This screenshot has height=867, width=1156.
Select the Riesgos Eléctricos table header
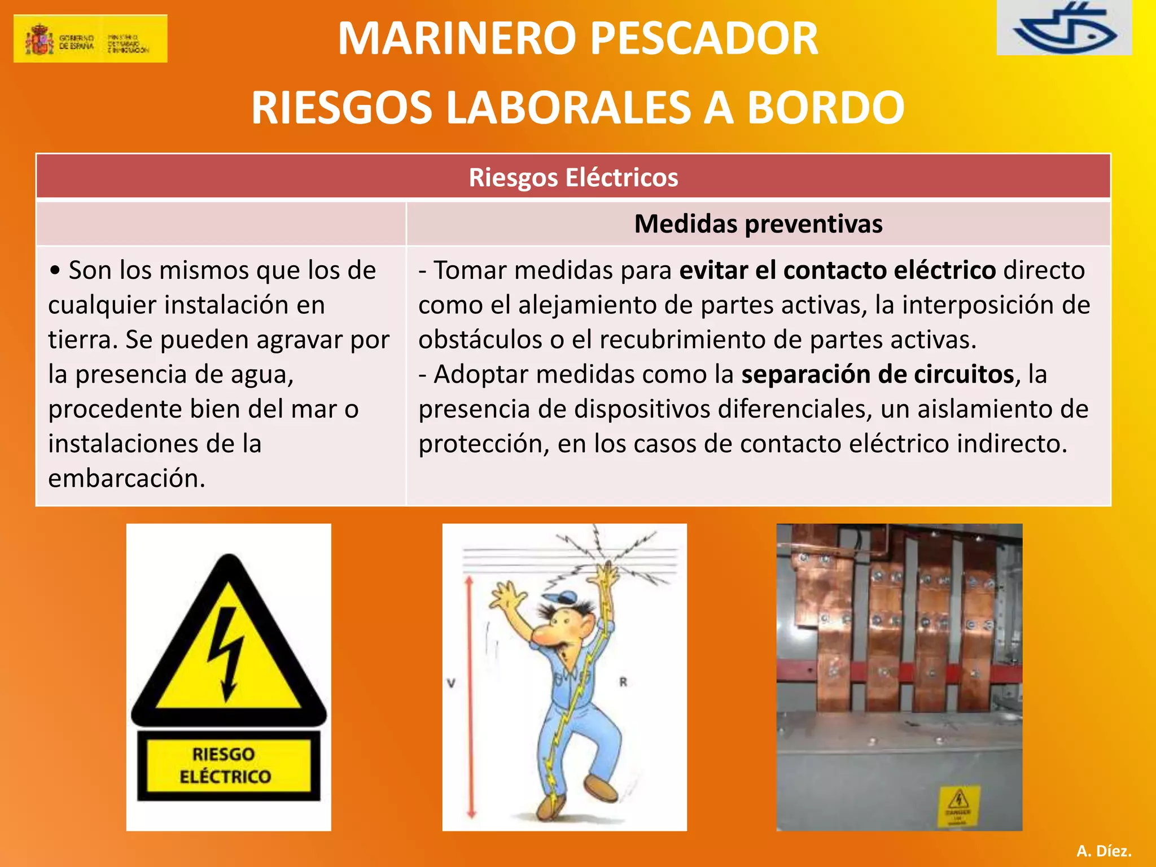point(573,177)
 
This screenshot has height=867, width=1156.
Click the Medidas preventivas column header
point(758,224)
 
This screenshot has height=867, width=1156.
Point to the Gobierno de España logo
point(90,38)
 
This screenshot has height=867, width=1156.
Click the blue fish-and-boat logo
point(1064,28)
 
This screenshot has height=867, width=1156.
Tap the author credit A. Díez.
point(1104,851)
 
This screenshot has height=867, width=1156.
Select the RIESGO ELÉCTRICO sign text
point(226,765)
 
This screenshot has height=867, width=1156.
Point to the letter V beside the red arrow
point(451,684)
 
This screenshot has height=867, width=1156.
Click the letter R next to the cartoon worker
point(623,682)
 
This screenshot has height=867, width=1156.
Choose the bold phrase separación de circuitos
point(878,375)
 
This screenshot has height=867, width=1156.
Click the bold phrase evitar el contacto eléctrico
point(838,270)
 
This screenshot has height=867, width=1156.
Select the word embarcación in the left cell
point(126,479)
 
